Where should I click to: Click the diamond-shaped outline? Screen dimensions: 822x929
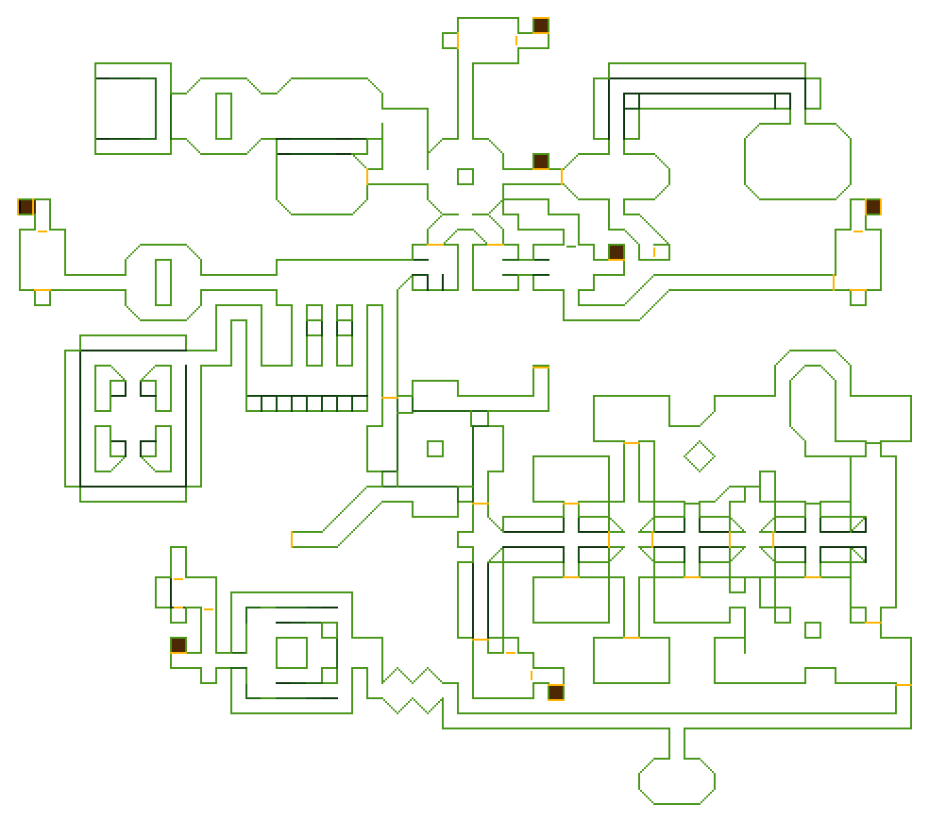click(699, 456)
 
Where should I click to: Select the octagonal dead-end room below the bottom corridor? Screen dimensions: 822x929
click(676, 780)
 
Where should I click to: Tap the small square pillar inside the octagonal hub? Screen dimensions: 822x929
click(464, 177)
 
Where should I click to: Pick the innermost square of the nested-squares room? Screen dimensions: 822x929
click(292, 653)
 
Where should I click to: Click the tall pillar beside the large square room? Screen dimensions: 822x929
click(224, 115)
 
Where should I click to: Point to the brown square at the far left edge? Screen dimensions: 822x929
click(25, 207)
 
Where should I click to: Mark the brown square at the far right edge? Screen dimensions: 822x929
click(872, 207)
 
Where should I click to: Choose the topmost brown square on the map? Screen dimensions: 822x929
click(540, 26)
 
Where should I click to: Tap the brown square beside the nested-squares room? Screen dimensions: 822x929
click(178, 645)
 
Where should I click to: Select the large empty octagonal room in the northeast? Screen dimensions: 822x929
click(797, 162)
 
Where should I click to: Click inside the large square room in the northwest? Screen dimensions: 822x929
click(127, 108)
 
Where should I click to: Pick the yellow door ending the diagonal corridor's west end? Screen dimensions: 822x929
click(293, 539)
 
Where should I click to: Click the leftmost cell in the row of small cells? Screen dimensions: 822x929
click(254, 403)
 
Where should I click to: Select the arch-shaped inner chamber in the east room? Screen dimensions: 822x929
click(812, 402)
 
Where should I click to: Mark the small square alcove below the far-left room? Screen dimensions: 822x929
click(42, 298)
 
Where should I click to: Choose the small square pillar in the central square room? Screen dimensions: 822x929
click(434, 449)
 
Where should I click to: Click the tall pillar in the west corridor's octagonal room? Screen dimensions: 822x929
click(163, 282)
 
